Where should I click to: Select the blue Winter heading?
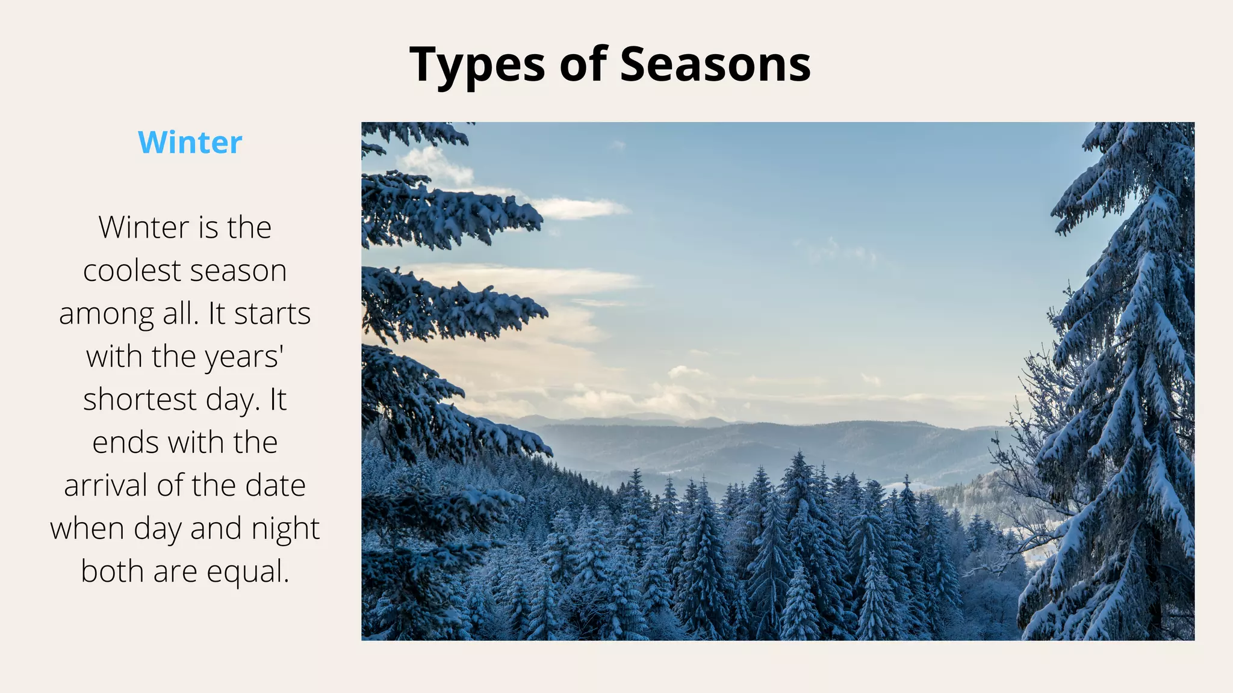(190, 143)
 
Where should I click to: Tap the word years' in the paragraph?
(244, 357)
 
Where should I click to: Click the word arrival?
(107, 485)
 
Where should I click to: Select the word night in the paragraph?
(285, 529)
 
